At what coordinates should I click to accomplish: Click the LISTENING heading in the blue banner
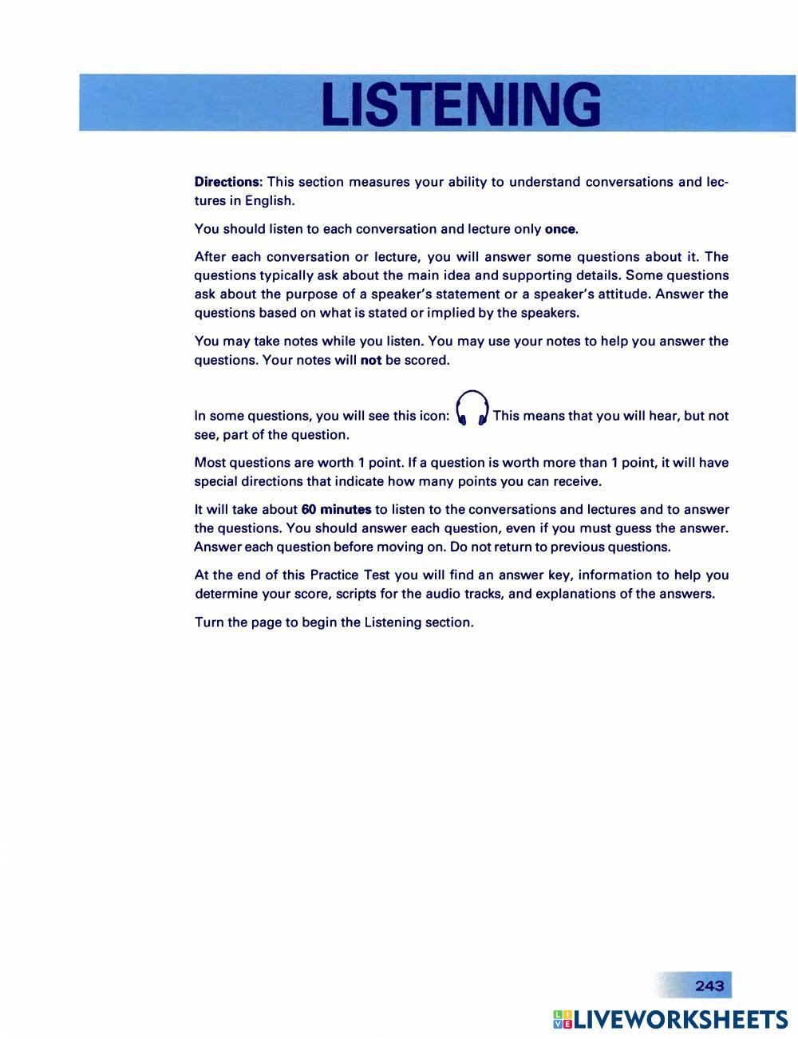tap(460, 105)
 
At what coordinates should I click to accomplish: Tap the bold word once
tap(559, 230)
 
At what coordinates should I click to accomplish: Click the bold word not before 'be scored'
tap(371, 361)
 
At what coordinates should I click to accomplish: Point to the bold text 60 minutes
tap(336, 510)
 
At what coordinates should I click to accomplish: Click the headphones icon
tap(471, 409)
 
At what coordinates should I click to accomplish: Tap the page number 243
tap(709, 986)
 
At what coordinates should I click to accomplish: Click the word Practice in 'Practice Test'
tap(334, 575)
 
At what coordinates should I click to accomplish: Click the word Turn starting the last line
tap(209, 622)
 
